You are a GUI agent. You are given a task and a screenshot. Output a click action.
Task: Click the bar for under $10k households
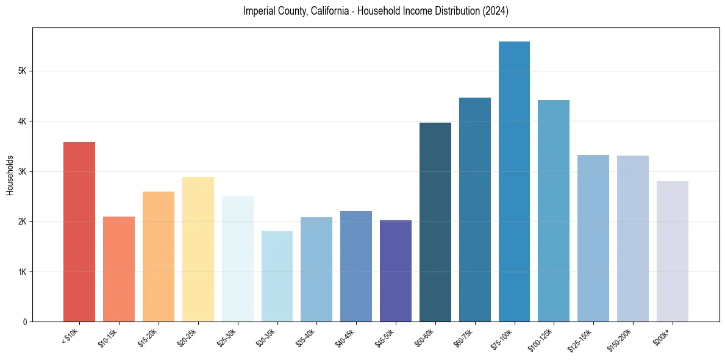pyautogui.click(x=79, y=232)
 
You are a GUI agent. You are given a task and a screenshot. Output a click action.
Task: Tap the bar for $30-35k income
pyautogui.click(x=277, y=276)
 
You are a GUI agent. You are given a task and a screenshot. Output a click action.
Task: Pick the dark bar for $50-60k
pyautogui.click(x=435, y=222)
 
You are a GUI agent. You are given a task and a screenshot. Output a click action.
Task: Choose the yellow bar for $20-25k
pyautogui.click(x=198, y=249)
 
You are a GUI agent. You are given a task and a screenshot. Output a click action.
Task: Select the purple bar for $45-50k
pyautogui.click(x=396, y=271)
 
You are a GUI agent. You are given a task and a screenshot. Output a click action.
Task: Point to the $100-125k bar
pyautogui.click(x=554, y=211)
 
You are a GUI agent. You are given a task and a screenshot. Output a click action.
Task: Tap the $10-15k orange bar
pyautogui.click(x=119, y=269)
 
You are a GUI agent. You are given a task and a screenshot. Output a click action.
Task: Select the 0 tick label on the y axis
pyautogui.click(x=25, y=322)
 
